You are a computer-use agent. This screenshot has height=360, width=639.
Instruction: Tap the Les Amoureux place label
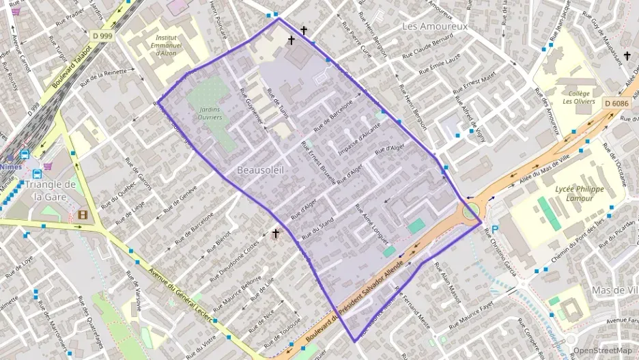coord(434,26)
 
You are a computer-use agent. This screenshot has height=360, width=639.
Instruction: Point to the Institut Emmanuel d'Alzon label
coord(167,44)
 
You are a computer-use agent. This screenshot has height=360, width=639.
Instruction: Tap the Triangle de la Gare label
coord(49,190)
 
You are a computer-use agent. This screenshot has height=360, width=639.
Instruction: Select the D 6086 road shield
coord(616,103)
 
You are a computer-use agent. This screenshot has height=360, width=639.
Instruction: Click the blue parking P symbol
coord(496,230)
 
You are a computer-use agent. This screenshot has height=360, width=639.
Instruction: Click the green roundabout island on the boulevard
coord(470,211)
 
